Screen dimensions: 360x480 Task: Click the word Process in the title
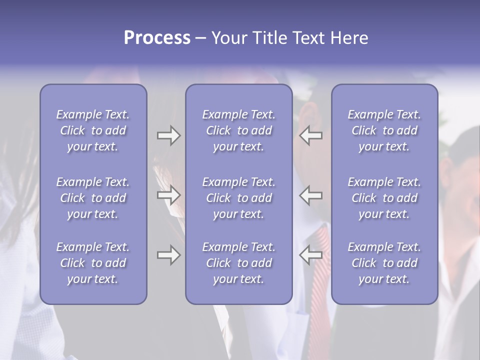(x=157, y=38)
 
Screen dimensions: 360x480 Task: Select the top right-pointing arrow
(x=169, y=135)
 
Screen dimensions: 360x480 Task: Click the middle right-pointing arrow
(x=169, y=195)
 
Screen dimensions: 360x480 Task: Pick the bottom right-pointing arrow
(x=169, y=255)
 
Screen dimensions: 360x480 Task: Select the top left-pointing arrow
(x=310, y=135)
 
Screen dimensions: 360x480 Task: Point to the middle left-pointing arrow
(x=310, y=195)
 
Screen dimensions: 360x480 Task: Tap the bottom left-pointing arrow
(x=310, y=255)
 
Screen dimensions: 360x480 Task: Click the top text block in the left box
(x=93, y=130)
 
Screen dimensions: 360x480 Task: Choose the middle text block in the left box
(x=93, y=198)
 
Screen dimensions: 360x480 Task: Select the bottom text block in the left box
(x=93, y=263)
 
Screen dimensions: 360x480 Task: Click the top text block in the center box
(x=238, y=130)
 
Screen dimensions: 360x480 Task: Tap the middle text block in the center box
(x=238, y=198)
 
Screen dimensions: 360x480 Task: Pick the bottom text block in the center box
(x=238, y=263)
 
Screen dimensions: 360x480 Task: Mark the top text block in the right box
(x=384, y=130)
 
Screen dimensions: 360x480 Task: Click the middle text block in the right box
(x=384, y=198)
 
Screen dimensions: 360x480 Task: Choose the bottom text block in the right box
(x=384, y=263)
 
